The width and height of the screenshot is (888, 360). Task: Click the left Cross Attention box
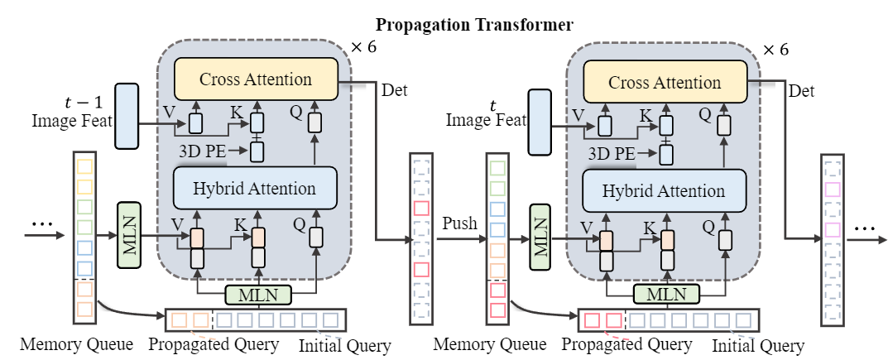pos(256,79)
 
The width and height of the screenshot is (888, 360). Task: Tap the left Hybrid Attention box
pos(256,188)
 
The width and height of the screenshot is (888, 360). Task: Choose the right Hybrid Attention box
pos(665,191)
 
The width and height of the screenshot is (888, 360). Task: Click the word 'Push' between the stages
pos(459,223)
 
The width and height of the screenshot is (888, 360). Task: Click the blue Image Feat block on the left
pos(127,116)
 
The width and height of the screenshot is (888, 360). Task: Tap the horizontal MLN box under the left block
pos(257,294)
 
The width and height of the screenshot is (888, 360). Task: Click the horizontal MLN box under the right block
pos(667,295)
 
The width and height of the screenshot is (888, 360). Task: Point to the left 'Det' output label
pos(394,89)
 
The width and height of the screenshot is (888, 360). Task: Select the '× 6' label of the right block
pos(775,49)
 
